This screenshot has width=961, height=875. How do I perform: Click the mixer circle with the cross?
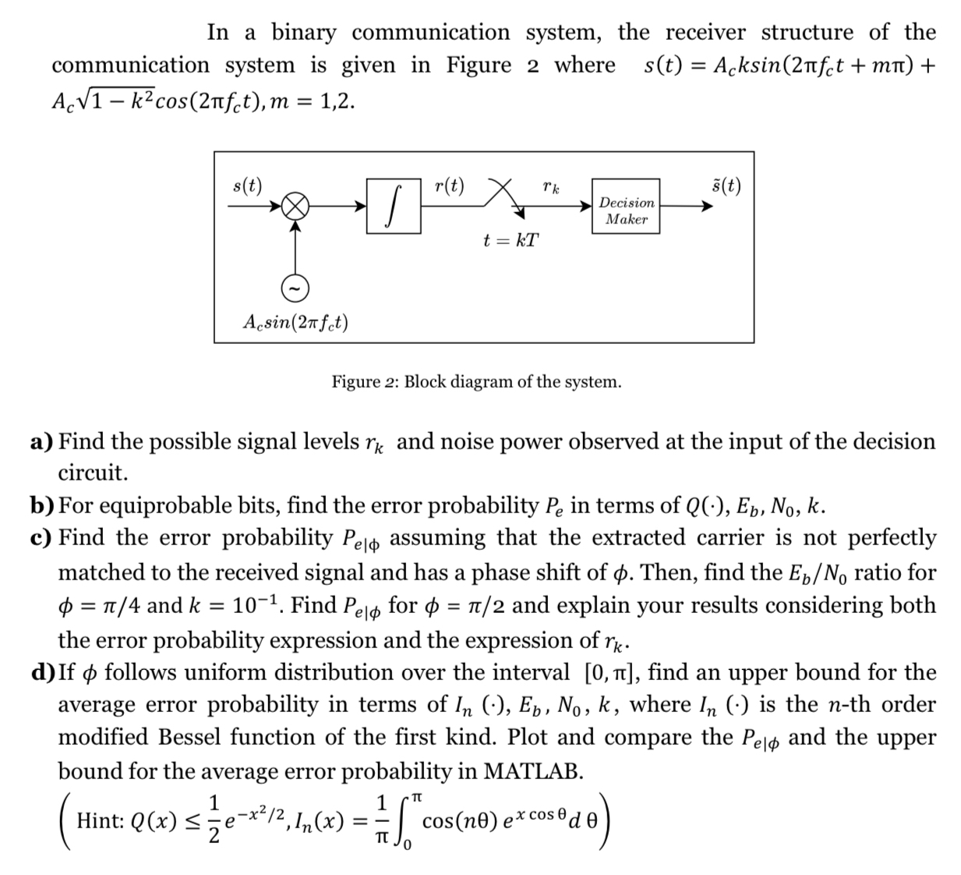click(x=295, y=207)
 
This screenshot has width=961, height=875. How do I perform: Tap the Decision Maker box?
click(x=627, y=211)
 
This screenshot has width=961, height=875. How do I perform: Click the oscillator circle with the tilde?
click(x=295, y=288)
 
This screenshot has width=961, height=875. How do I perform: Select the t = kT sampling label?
click(x=511, y=240)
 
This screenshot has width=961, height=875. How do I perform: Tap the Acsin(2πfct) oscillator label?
click(x=295, y=321)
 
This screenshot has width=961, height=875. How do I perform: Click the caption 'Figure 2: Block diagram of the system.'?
click(x=476, y=382)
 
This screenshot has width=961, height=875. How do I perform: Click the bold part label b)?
click(x=42, y=506)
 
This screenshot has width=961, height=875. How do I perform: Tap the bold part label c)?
click(x=42, y=538)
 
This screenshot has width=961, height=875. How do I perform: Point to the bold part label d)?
click(x=43, y=672)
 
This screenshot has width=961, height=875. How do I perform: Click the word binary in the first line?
click(x=304, y=33)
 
